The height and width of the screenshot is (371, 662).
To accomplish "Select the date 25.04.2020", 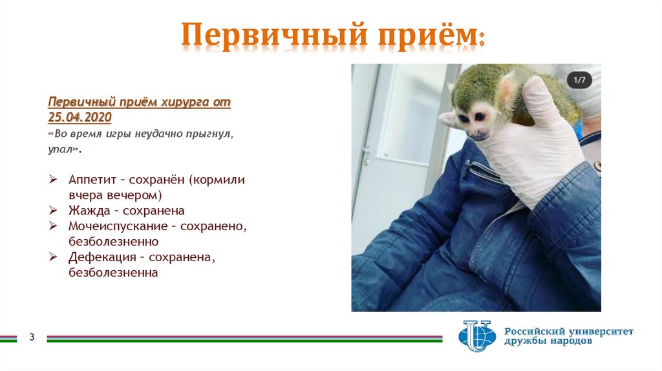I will (80, 117).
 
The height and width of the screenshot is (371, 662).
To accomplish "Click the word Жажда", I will (89, 211).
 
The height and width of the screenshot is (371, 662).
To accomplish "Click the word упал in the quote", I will (61, 149).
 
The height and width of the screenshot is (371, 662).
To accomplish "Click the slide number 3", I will (31, 338).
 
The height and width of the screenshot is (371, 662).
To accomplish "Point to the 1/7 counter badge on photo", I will (579, 80).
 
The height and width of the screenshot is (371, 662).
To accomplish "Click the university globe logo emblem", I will (476, 335).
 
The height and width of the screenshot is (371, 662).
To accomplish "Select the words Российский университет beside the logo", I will (569, 331).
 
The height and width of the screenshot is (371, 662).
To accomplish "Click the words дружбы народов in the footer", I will (548, 342).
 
